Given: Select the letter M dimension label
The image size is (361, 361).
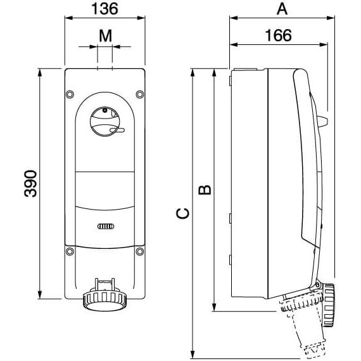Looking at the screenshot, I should pos(105,35).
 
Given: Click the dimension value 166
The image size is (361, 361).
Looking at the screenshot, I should pos(277,35).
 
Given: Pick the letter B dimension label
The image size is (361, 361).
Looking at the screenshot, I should pos(205,189).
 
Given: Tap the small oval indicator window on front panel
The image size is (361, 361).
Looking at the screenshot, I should pos(105,226).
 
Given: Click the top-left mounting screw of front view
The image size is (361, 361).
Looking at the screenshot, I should pos(70,95).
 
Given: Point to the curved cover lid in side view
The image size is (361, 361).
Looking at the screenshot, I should pos(308,158).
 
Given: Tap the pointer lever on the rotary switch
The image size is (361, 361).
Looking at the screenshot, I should pos(117,131).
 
